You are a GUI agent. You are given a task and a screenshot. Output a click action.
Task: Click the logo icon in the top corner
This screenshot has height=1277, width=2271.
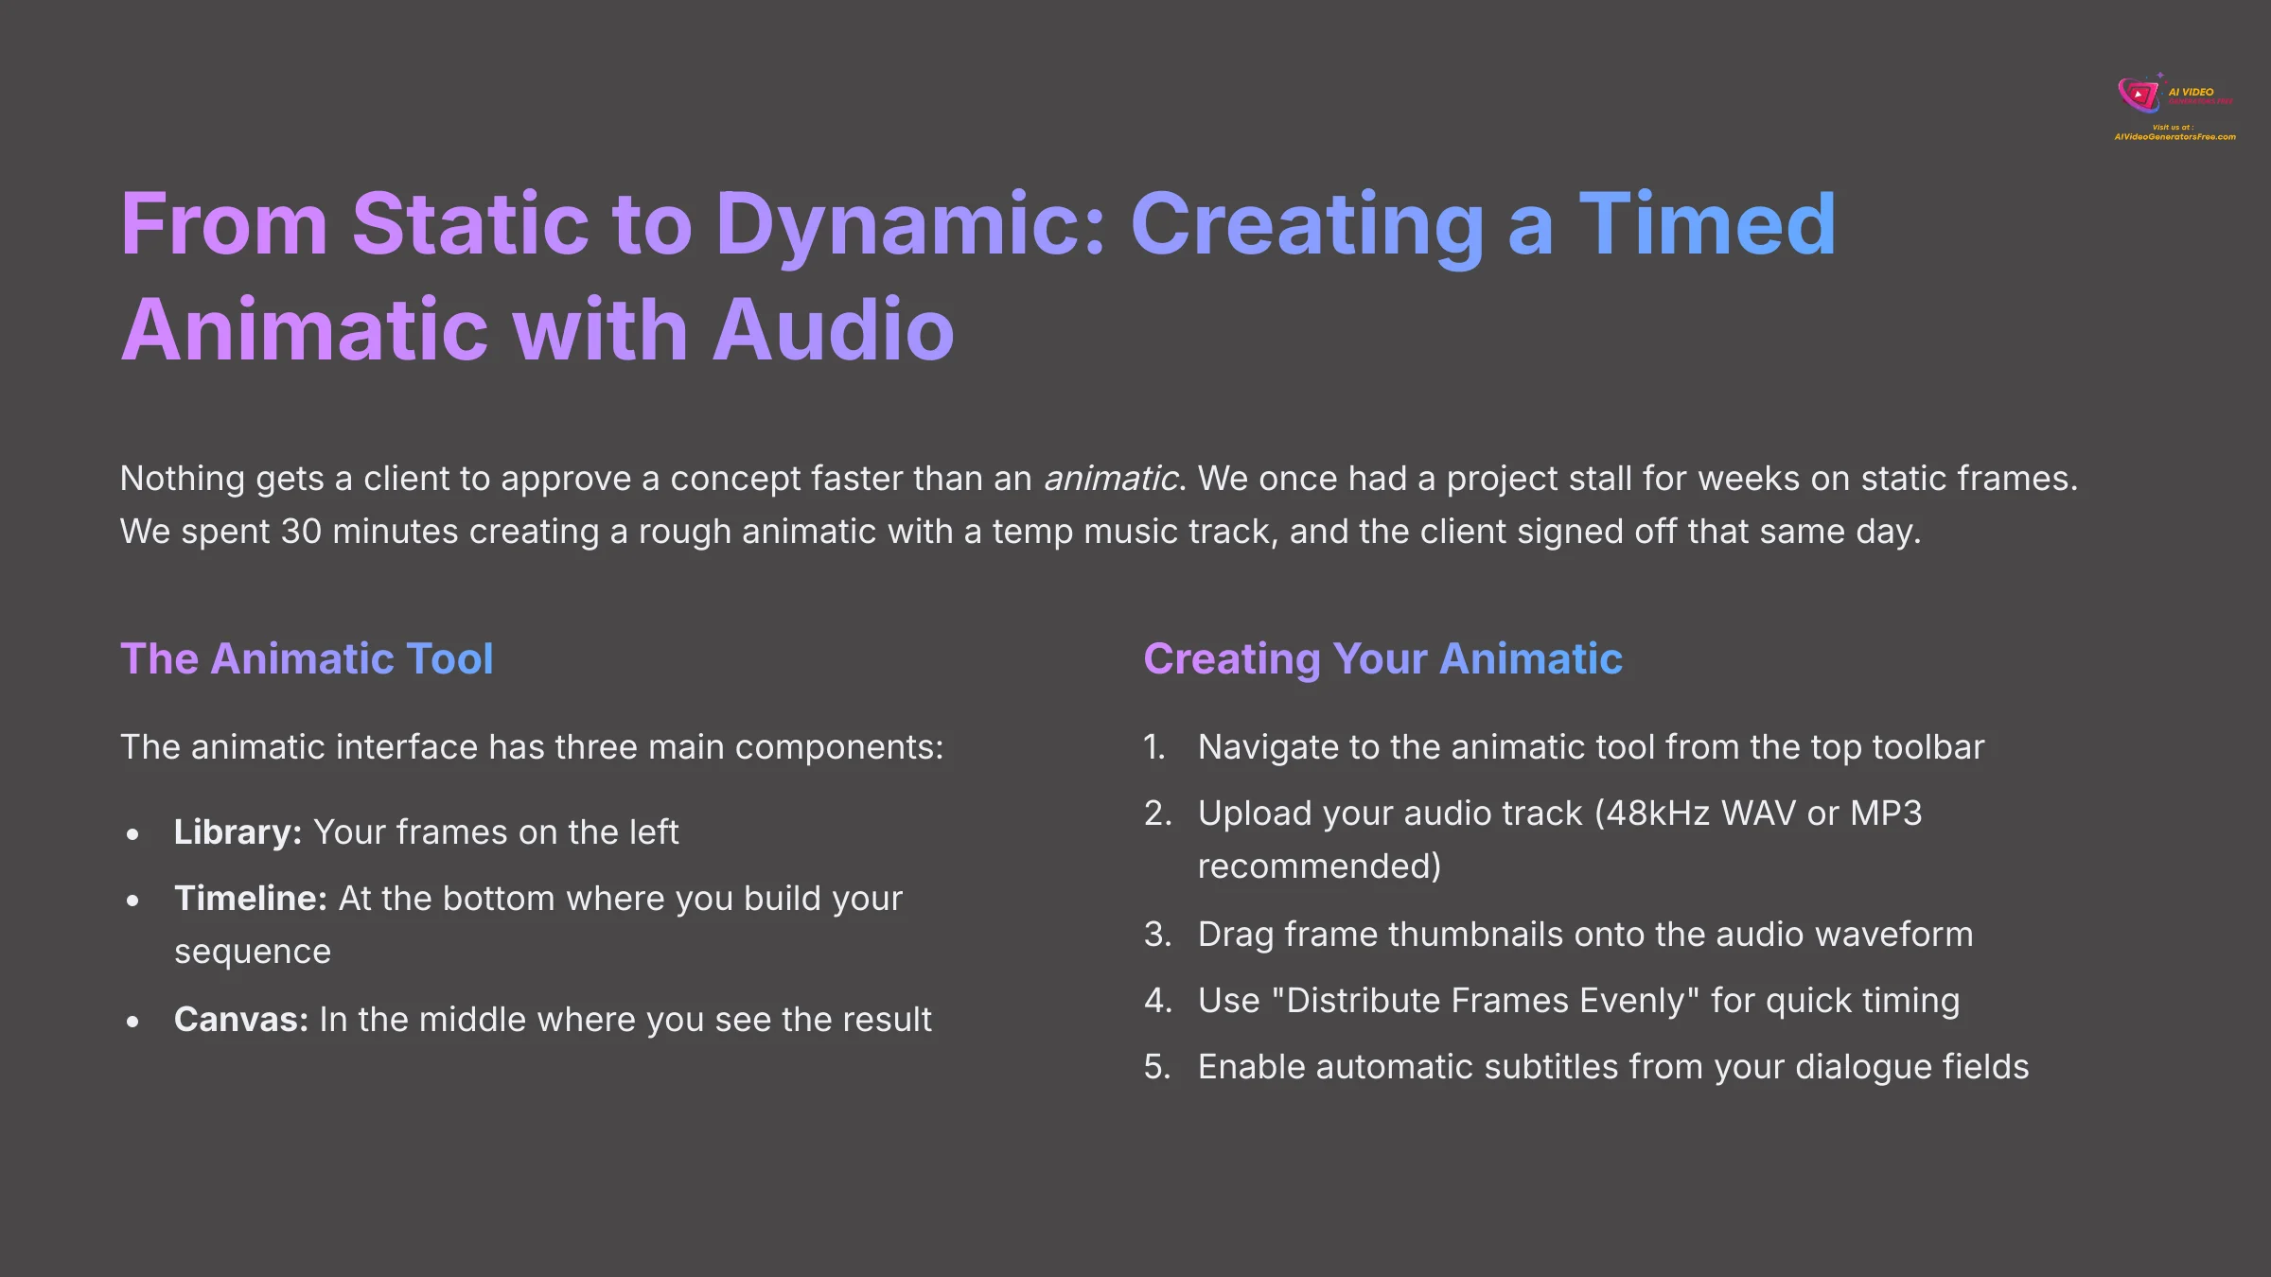[2139, 95]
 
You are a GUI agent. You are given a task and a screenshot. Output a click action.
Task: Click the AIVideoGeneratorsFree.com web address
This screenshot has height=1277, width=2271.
[2174, 137]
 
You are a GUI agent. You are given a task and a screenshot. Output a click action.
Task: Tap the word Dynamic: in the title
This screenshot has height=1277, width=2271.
[909, 225]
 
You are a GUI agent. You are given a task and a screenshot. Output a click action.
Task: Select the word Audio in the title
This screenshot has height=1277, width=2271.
[833, 330]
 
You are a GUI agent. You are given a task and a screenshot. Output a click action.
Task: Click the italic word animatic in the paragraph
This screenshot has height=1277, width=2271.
[1111, 479]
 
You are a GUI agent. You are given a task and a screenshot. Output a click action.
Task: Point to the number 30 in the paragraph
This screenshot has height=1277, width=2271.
[301, 532]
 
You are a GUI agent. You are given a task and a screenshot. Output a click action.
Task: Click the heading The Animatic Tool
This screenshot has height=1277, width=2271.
[307, 658]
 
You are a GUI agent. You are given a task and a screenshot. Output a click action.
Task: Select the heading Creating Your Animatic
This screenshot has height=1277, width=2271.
[1382, 658]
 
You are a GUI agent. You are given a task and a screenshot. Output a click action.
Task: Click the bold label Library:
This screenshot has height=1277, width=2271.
[238, 832]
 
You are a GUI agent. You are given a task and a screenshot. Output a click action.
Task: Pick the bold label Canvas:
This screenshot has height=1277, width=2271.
[241, 1020]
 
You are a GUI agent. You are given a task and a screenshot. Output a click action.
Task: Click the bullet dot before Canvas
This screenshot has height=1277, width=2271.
[132, 1022]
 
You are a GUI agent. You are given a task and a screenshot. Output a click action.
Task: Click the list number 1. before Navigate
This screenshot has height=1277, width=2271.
[1154, 747]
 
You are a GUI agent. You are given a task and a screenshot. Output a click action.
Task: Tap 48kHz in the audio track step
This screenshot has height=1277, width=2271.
[1658, 813]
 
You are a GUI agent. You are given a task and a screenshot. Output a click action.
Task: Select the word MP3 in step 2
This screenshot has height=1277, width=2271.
[1886, 813]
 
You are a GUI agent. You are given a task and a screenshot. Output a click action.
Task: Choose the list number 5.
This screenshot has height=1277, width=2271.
[1157, 1067]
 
